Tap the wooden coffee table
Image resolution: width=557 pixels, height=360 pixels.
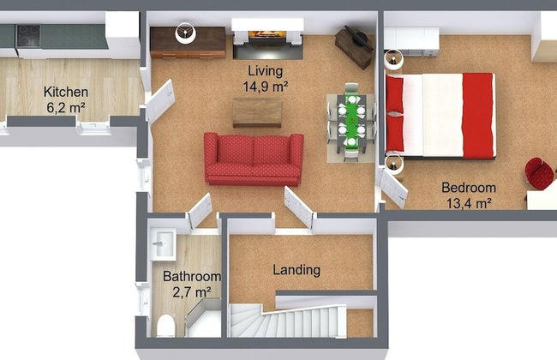(256, 111)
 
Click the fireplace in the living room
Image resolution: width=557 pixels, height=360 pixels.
(267, 38)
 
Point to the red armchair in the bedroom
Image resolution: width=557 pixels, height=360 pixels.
(539, 173)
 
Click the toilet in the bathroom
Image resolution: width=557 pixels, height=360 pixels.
(166, 326)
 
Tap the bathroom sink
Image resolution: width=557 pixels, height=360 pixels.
(163, 243)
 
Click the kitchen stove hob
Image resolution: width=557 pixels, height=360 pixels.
(28, 35)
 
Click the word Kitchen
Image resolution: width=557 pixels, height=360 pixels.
(66, 92)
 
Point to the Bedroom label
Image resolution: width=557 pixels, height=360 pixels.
(469, 188)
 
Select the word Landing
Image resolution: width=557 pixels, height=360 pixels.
(296, 270)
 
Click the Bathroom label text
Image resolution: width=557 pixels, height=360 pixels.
(192, 277)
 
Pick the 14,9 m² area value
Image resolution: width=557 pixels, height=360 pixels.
(265, 86)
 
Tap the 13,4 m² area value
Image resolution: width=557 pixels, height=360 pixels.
(469, 203)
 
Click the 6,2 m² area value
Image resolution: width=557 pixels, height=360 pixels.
(67, 107)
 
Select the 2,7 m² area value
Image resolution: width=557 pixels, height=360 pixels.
(192, 292)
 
